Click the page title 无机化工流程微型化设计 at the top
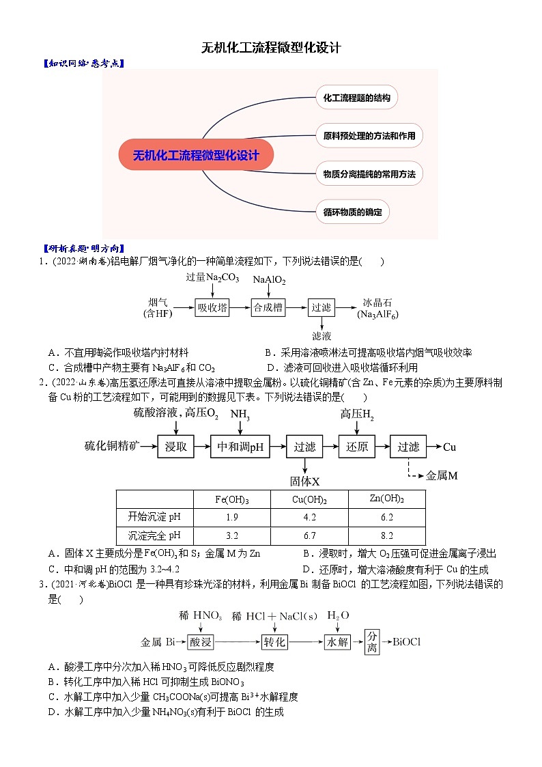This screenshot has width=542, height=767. tap(270, 48)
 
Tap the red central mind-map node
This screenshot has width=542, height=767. tap(197, 155)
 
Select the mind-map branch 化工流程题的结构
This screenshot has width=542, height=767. tap(356, 98)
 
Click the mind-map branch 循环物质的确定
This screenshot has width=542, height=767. tap(352, 212)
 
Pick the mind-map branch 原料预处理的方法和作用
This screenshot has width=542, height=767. tap(369, 136)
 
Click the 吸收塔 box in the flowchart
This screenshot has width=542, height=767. tap(212, 307)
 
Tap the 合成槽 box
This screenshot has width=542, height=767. tap(268, 307)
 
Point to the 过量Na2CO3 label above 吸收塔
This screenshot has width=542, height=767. tap(212, 277)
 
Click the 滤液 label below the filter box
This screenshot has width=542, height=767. tap(322, 336)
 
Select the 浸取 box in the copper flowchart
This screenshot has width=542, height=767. tap(176, 447)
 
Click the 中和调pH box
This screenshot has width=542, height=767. tap(240, 447)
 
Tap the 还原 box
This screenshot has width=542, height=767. tap(357, 447)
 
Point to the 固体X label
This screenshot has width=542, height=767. tap(304, 481)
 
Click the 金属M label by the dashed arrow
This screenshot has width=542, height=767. tap(442, 475)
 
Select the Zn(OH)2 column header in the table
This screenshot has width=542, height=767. tap(386, 499)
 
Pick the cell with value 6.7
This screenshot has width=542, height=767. tap(309, 535)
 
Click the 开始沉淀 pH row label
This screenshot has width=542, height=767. tap(156, 517)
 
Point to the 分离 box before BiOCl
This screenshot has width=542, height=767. tap(371, 642)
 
